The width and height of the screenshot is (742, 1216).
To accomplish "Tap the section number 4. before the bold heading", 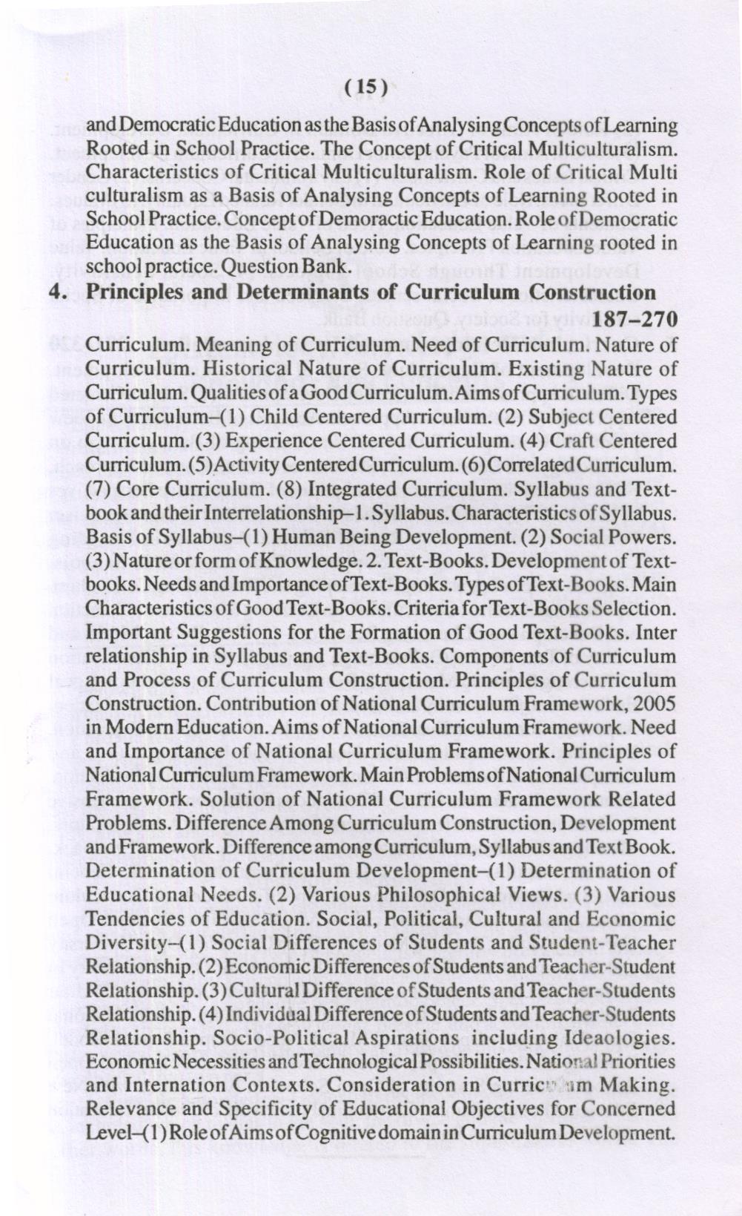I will (x=59, y=292).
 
